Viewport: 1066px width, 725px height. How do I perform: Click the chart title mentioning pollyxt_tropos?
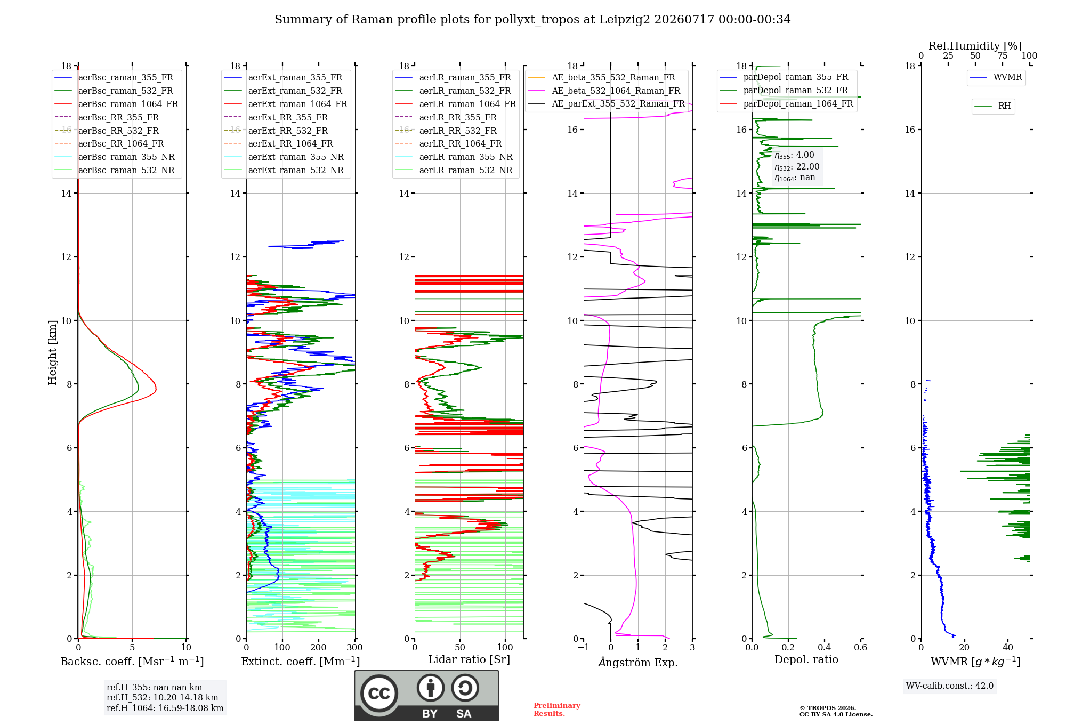[x=532, y=20]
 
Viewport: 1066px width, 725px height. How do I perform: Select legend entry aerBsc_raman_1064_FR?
[x=116, y=104]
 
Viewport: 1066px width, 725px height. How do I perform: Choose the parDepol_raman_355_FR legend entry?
[x=784, y=77]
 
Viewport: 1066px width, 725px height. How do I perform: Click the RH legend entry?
[x=992, y=106]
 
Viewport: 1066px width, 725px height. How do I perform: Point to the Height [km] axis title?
[x=52, y=352]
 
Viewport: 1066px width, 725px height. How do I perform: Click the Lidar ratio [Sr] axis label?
[x=469, y=659]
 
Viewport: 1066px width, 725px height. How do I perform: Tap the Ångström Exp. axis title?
[x=638, y=662]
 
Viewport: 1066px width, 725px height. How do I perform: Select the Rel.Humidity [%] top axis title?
[x=975, y=46]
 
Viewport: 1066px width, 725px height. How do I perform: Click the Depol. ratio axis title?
[x=806, y=659]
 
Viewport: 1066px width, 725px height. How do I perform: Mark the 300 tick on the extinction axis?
[x=355, y=647]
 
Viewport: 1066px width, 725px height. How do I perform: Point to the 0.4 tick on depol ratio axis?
[x=825, y=647]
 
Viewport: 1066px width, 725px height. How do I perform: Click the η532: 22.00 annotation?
[x=797, y=166]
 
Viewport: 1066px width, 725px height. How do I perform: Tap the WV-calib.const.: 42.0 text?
[x=950, y=686]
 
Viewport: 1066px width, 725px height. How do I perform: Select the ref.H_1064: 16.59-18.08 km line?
[x=165, y=708]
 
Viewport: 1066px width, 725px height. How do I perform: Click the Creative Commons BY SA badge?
[x=426, y=695]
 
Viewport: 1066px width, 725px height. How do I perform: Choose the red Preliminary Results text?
[x=557, y=710]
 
